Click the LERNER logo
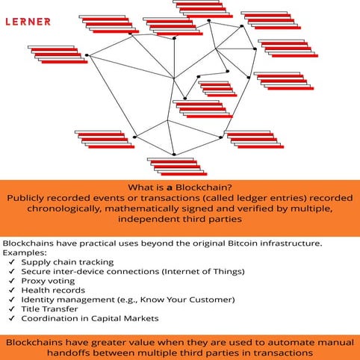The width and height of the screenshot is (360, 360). pyautogui.click(x=28, y=22)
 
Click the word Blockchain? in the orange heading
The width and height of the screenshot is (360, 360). pyautogui.click(x=205, y=187)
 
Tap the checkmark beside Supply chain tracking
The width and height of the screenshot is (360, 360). pyautogui.click(x=11, y=262)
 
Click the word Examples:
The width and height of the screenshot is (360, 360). pyautogui.click(x=24, y=253)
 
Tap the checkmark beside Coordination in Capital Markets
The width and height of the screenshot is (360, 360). pyautogui.click(x=11, y=318)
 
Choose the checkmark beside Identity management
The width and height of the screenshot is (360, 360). pyautogui.click(x=11, y=300)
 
